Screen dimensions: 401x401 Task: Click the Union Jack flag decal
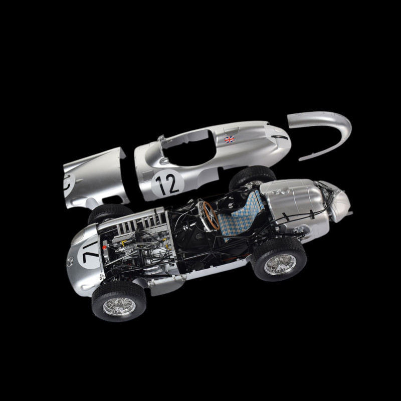point(229,139)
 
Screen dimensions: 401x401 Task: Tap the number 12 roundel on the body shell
point(167,183)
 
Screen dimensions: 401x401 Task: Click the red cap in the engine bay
point(104,248)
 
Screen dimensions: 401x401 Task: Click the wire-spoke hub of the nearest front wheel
point(119,306)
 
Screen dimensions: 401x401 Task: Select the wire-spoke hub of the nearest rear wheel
point(280,265)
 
